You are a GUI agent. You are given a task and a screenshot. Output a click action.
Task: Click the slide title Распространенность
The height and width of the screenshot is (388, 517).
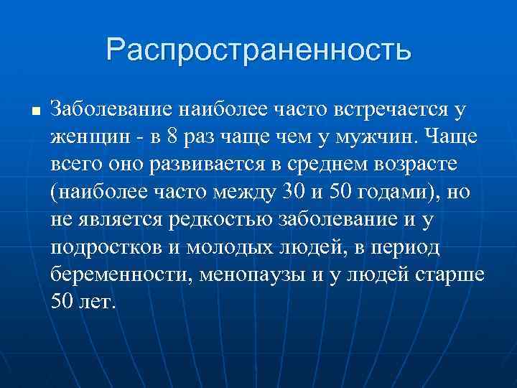[x=258, y=50]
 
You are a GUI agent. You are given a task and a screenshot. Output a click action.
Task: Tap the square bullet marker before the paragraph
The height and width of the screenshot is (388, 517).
[x=34, y=111]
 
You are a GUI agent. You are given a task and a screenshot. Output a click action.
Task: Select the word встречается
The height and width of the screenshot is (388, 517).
[x=386, y=109]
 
